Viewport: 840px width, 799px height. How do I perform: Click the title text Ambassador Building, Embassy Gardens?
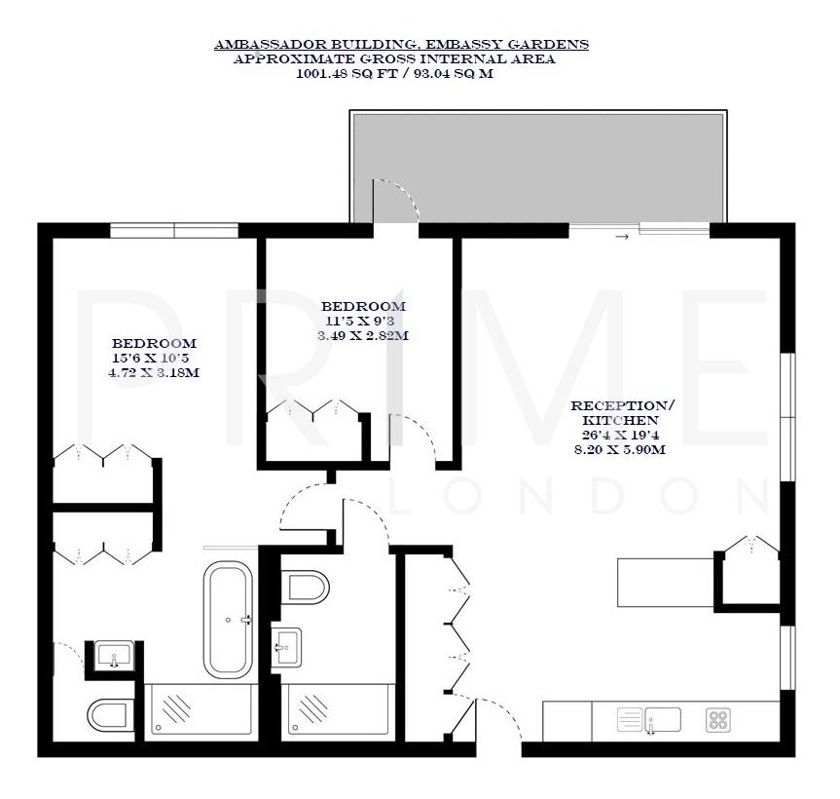click(401, 45)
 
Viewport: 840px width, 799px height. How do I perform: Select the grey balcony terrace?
click(537, 166)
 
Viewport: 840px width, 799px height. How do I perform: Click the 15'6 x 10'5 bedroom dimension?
click(154, 359)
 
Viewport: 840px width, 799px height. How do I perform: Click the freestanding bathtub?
click(228, 619)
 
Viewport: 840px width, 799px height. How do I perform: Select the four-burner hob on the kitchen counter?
click(719, 720)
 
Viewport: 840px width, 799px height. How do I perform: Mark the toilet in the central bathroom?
click(308, 588)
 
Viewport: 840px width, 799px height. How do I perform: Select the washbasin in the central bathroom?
click(287, 646)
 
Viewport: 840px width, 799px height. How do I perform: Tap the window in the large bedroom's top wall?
click(174, 230)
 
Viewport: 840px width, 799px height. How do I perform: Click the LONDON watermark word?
click(581, 497)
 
